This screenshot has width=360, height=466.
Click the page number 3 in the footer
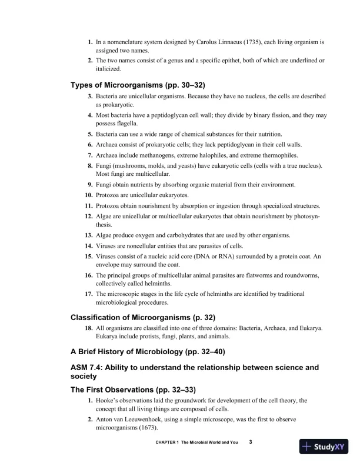click(x=251, y=442)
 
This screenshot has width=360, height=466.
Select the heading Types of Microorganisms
click(x=138, y=85)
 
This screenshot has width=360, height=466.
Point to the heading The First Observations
click(x=134, y=390)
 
